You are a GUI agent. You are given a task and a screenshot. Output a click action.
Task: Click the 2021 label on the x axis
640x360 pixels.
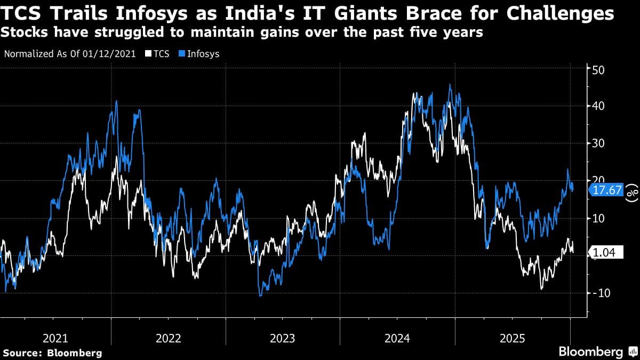click(55, 338)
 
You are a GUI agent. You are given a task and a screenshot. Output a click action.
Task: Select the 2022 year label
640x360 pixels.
click(169, 338)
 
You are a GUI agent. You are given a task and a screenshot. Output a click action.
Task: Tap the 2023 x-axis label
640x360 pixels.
click(283, 338)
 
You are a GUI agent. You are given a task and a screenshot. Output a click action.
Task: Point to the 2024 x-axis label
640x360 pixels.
click(397, 338)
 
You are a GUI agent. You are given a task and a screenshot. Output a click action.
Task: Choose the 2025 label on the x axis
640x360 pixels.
click(512, 338)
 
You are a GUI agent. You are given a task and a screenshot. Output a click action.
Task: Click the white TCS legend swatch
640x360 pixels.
click(141, 54)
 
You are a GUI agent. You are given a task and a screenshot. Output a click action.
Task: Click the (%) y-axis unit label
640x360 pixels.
click(633, 193)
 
